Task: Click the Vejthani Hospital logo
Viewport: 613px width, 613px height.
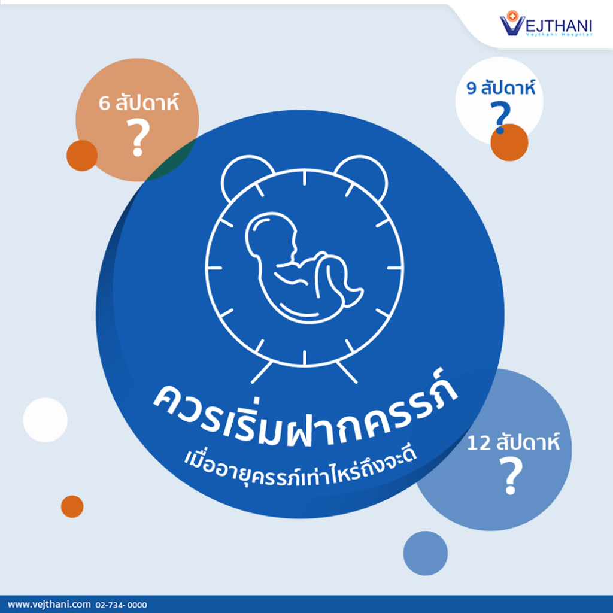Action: (546, 24)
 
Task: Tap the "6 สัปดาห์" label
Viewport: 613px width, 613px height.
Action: (138, 102)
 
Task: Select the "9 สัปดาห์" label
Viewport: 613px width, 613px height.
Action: (501, 87)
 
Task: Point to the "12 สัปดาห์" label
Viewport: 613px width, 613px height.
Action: (513, 442)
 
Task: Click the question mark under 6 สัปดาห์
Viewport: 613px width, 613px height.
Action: (138, 138)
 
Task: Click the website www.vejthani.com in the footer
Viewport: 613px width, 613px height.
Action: (49, 605)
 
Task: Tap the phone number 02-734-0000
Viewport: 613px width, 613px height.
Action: (121, 605)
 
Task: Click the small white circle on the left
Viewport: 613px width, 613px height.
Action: (45, 420)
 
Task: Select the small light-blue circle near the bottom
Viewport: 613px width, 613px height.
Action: (426, 553)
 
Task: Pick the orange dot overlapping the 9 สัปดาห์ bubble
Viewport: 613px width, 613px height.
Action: (509, 142)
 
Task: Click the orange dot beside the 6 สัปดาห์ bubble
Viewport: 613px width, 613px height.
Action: (82, 156)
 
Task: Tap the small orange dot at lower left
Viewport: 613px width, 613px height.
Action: (72, 506)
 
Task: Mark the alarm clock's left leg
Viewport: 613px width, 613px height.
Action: (262, 372)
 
